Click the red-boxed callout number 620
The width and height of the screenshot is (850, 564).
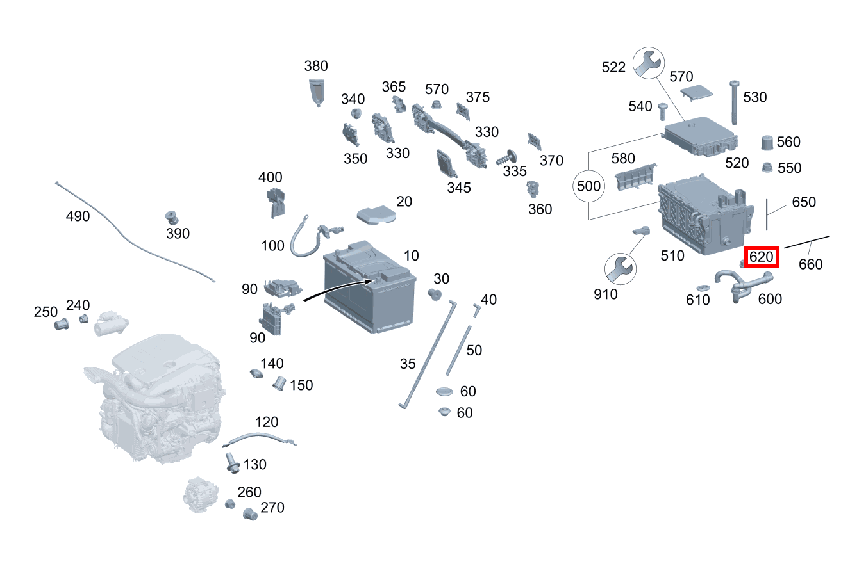(x=761, y=257)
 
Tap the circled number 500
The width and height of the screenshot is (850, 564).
(x=588, y=186)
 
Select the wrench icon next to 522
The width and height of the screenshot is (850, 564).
(x=649, y=63)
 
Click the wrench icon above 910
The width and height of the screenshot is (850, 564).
(x=621, y=269)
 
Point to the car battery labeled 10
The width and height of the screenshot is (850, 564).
(x=369, y=287)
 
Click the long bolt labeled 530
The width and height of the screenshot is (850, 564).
(x=734, y=102)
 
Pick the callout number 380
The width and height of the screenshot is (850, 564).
(x=316, y=67)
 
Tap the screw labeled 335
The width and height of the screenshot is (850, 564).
(x=506, y=157)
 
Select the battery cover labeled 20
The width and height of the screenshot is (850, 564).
(x=376, y=215)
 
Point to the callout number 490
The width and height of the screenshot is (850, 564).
(x=78, y=216)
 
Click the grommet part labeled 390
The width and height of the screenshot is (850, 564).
(x=172, y=218)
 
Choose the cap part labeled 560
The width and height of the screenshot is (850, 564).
(x=767, y=143)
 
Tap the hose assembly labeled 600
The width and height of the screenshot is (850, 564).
(x=743, y=287)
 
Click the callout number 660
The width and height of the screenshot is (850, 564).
(x=810, y=264)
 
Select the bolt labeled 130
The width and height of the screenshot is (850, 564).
(x=231, y=463)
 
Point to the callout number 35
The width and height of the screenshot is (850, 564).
(x=408, y=364)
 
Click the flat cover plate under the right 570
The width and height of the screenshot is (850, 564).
(x=696, y=92)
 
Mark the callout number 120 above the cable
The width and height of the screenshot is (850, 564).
(x=267, y=423)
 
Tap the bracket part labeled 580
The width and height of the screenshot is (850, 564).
(x=636, y=177)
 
